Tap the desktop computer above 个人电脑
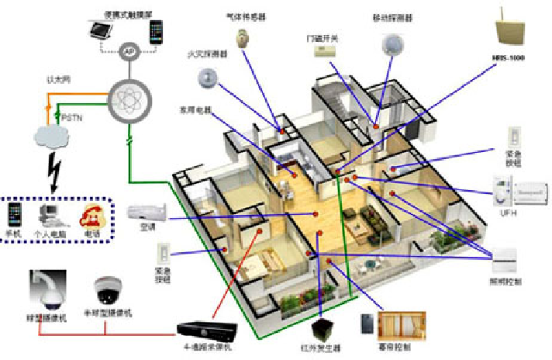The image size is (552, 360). coord(50,212)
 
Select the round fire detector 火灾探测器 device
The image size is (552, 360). coord(208,78)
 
